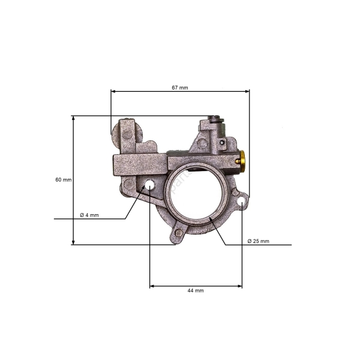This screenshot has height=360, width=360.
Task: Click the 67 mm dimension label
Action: click(x=180, y=87)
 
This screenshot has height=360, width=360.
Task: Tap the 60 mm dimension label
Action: click(x=62, y=180)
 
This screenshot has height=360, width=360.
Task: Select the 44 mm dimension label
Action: click(x=196, y=290)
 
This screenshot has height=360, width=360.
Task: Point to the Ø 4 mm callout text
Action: click(x=89, y=215)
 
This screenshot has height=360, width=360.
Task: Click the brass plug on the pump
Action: click(x=242, y=160)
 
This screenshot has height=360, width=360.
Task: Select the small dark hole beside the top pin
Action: click(x=223, y=143)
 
